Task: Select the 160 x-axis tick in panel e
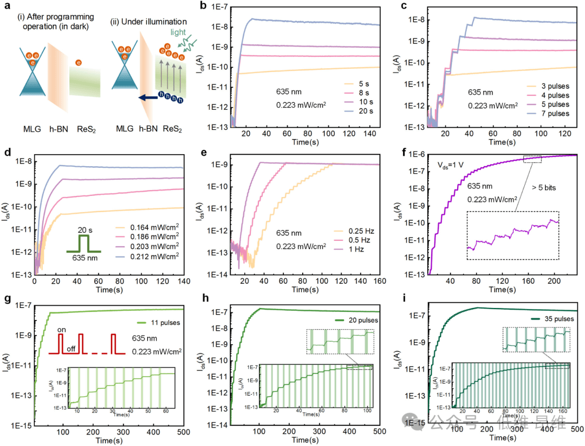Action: point(379,282)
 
